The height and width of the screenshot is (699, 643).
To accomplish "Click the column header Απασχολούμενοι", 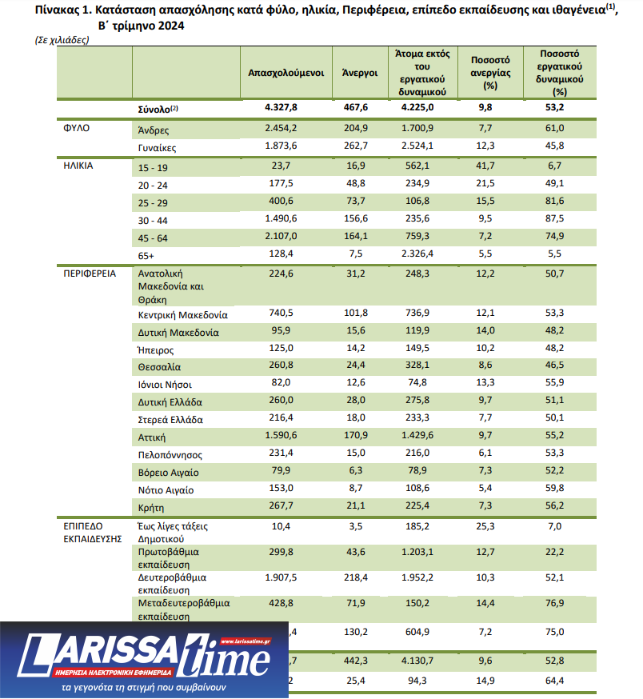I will [286, 72].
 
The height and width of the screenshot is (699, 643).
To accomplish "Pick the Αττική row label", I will [153, 437].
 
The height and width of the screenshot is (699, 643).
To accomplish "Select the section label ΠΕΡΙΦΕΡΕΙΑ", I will [90, 273].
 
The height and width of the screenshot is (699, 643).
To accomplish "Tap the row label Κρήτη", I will [153, 507].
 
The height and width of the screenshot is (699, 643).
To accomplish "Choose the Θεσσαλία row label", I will [159, 367].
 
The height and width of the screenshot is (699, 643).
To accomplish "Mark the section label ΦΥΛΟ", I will [76, 128].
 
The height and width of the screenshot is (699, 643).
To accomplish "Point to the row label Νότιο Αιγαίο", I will [166, 489].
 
